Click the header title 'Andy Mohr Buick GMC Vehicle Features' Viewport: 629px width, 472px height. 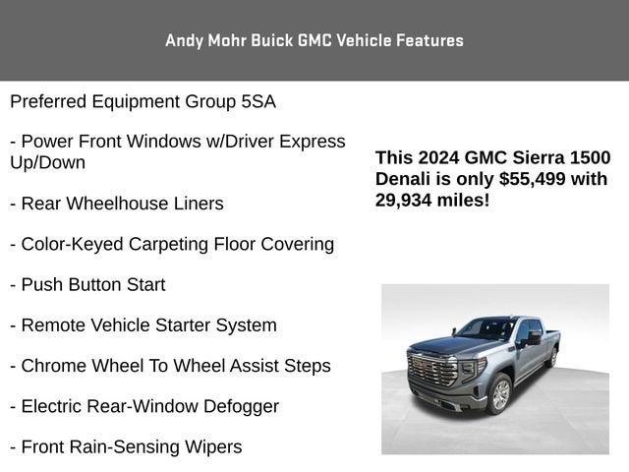click(314, 40)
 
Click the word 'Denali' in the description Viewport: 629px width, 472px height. click(405, 179)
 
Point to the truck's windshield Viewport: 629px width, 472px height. click(486, 329)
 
